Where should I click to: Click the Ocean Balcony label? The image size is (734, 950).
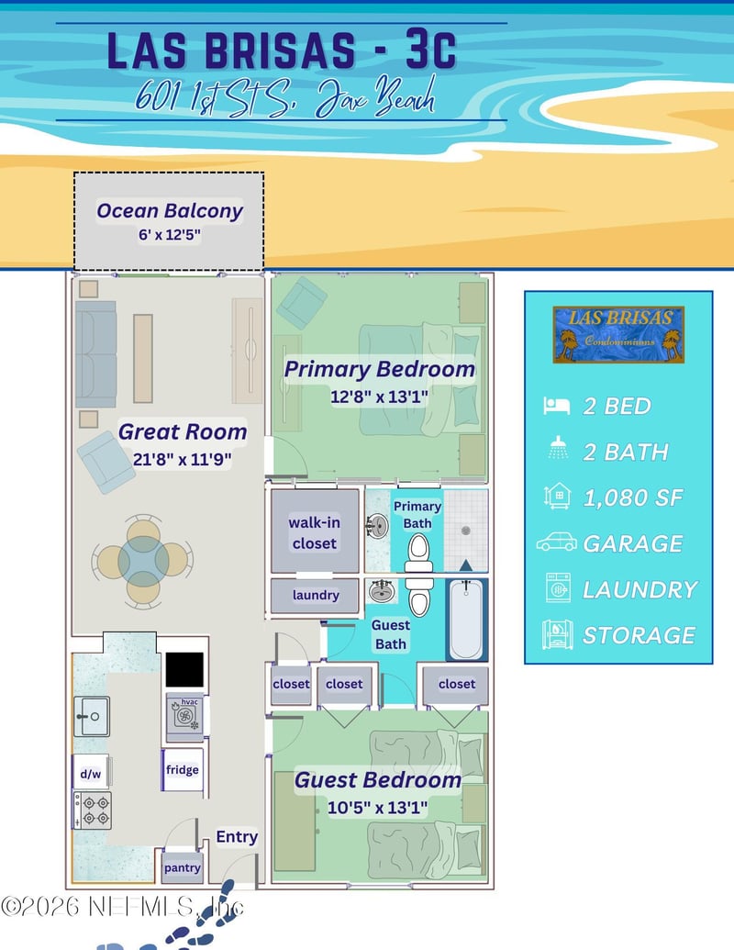tap(170, 210)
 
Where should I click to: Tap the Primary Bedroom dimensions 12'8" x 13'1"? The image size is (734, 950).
tap(379, 397)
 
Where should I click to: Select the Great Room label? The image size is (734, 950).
tap(183, 431)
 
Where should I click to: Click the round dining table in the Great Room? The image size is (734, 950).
tap(143, 560)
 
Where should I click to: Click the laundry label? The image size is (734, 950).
tap(316, 596)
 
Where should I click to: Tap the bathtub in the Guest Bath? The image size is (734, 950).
tap(466, 620)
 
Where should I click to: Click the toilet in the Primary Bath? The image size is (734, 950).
tap(418, 551)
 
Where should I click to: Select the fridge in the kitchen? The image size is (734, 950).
tap(183, 769)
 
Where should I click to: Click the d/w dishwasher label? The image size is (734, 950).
tap(91, 774)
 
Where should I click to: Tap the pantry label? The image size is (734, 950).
tap(182, 867)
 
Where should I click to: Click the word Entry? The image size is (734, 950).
tap(237, 837)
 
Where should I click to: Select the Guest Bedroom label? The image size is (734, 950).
tap(378, 780)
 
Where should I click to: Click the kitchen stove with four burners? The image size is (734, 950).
tap(93, 810)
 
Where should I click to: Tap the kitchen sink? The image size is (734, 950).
tap(93, 716)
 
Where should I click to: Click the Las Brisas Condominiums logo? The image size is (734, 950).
tap(618, 334)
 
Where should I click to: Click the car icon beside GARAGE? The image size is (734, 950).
tap(557, 542)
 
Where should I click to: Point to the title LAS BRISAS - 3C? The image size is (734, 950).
tap(282, 50)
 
